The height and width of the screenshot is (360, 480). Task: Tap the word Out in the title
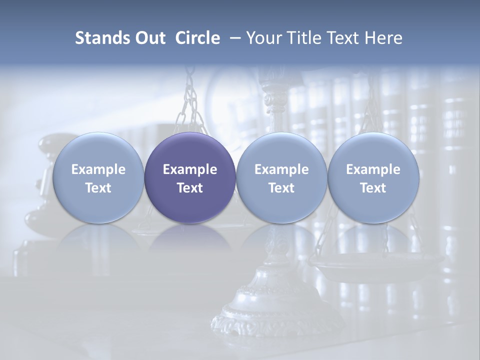point(148,38)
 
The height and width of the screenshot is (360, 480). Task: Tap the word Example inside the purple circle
point(190,169)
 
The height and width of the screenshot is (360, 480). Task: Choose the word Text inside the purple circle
point(190,188)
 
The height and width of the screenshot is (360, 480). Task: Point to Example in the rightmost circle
point(373,169)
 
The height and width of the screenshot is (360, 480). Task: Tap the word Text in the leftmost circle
point(98,188)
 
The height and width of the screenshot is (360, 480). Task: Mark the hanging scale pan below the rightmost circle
point(375,262)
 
